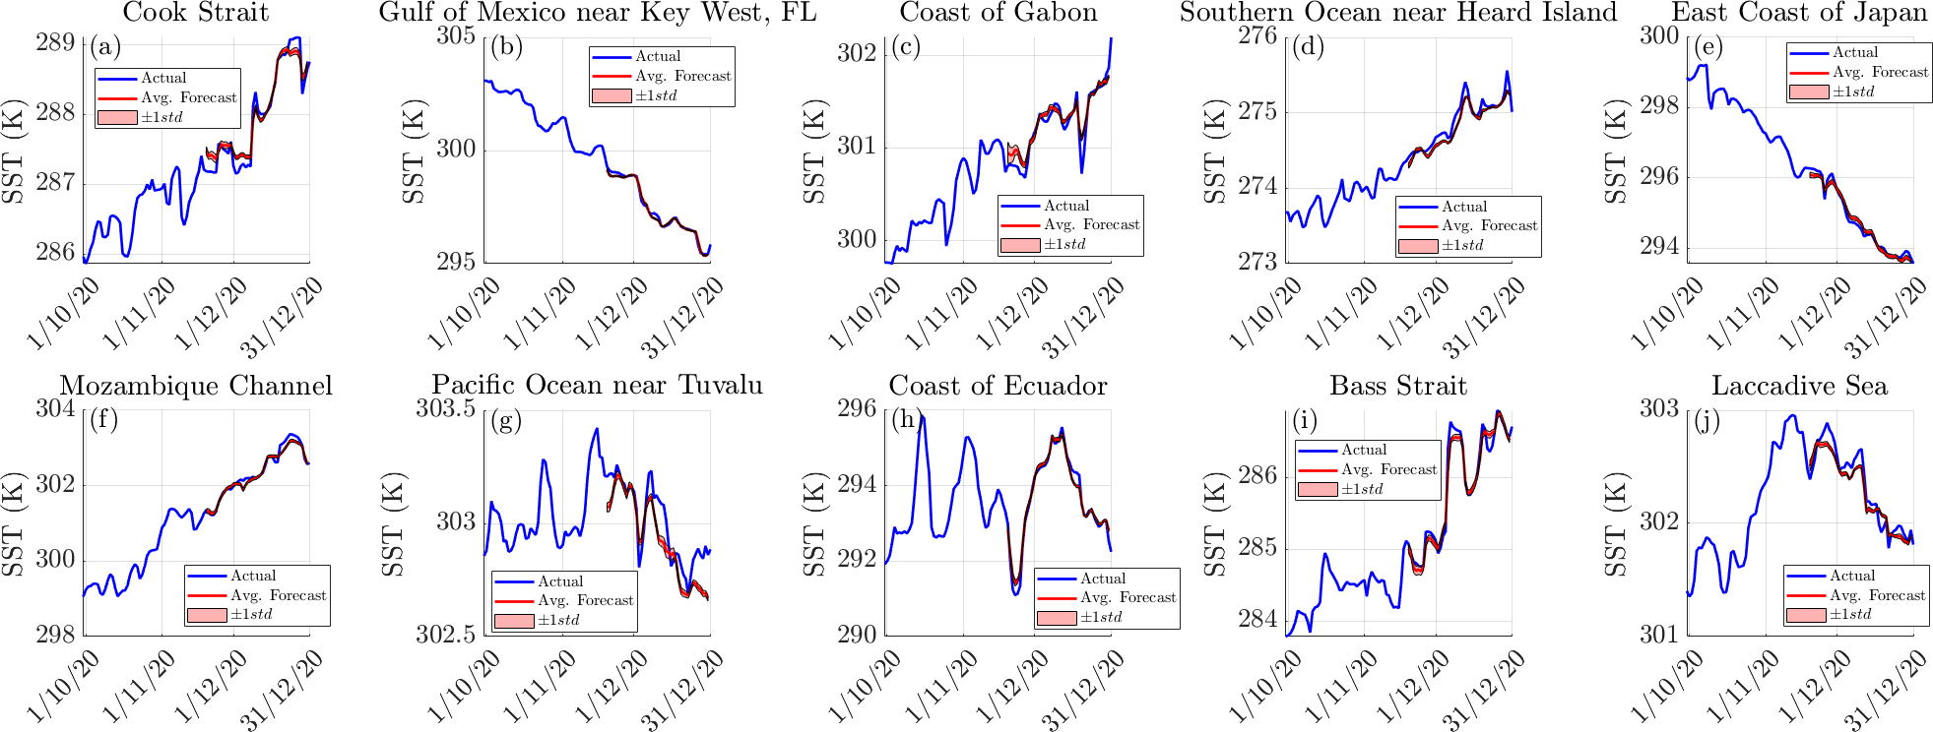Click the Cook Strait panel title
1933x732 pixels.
196,13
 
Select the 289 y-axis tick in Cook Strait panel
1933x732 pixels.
55,42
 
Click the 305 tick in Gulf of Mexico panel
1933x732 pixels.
456,36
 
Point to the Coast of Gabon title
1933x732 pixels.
999,13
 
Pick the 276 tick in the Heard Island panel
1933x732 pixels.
1257,36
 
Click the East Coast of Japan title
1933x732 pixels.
1799,13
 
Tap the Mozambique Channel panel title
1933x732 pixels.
196,386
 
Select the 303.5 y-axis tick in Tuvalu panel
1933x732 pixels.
446,408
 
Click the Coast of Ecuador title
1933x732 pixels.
998,386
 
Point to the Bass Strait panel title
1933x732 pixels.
1398,386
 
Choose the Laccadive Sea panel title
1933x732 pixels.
1799,386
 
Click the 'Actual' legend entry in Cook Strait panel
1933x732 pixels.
163,78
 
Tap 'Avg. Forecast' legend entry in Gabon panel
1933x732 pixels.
1091,225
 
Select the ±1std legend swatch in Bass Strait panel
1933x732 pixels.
1318,489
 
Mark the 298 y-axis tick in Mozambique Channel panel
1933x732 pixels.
55,635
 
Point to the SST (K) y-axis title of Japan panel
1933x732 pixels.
1617,151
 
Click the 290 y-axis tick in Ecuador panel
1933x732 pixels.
857,635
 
